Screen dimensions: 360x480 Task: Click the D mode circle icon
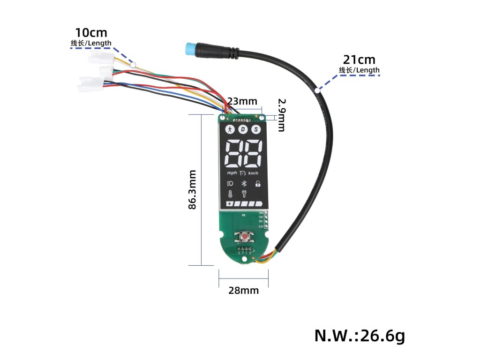tap(243, 129)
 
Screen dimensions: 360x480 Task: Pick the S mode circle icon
tap(256, 129)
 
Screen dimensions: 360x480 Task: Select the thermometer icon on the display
tap(230, 195)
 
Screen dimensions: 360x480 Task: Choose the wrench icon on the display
tap(243, 195)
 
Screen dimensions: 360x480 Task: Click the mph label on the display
tap(232, 173)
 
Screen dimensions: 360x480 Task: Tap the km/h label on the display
tap(253, 173)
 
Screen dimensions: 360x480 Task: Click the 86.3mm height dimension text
tap(192, 189)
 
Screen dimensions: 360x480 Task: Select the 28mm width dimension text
tap(243, 291)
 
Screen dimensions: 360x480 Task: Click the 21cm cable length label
tap(360, 60)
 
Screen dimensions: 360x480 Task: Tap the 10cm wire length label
tap(91, 33)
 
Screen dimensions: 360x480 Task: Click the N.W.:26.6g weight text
tap(359, 336)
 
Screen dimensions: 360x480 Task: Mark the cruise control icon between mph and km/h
tap(242, 173)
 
